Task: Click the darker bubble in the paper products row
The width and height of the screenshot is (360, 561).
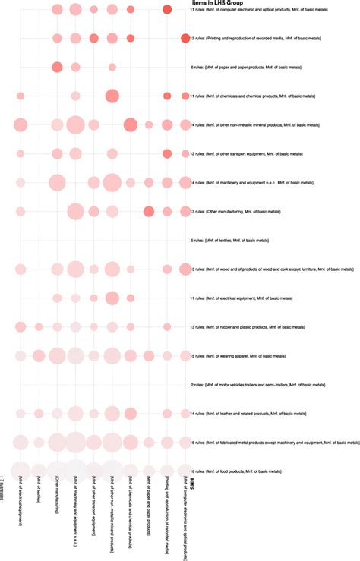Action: [57, 68]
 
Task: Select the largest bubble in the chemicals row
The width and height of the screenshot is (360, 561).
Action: [112, 96]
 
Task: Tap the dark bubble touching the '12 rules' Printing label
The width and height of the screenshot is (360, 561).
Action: [185, 38]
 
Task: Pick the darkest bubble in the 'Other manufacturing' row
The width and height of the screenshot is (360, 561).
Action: [149, 211]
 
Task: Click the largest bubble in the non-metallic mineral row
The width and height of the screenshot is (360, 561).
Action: [75, 125]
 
